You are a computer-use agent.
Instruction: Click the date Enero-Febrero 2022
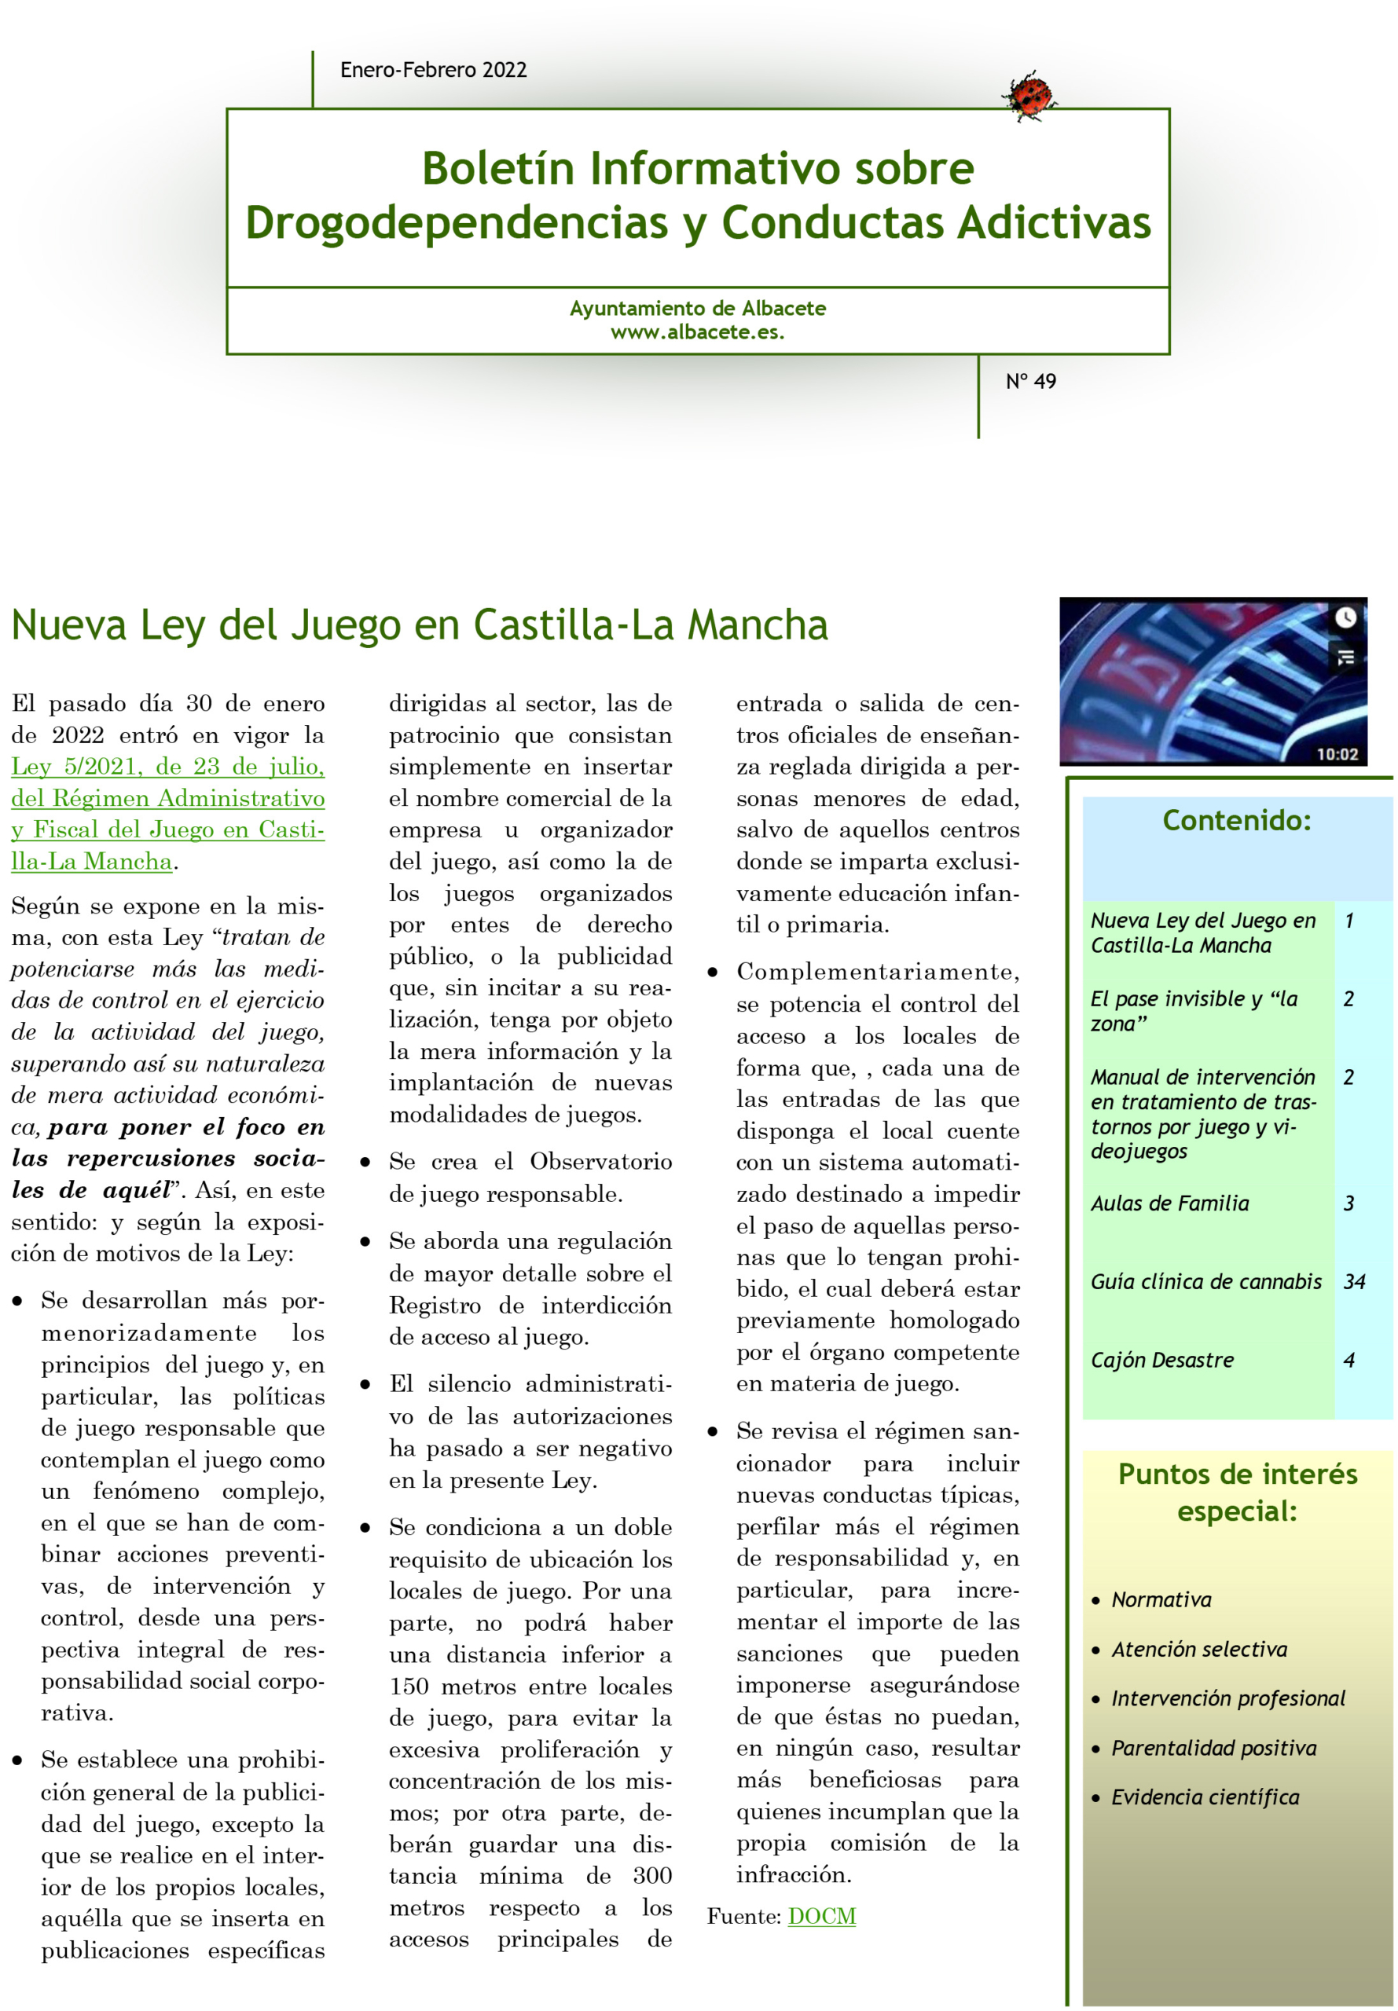434,70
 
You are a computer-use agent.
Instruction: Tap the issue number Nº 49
1030,381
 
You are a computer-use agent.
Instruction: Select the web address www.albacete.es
697,333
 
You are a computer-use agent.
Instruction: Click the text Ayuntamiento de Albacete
697,308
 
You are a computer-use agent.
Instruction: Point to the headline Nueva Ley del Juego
419,625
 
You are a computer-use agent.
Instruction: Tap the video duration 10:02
1336,754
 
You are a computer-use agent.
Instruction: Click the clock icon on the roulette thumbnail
1345,617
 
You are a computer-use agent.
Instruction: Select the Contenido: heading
1236,820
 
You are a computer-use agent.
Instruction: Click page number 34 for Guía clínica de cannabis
1354,1282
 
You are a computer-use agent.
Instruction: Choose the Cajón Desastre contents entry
1161,1360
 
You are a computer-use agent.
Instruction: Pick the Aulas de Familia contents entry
1169,1203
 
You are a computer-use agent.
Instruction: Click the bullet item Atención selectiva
1198,1650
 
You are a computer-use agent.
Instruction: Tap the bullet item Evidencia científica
1205,1797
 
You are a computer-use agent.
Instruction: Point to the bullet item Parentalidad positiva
1213,1748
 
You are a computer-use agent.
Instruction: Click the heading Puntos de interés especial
1237,1493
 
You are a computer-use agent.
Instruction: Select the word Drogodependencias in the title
456,222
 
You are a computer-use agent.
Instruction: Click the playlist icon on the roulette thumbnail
1345,656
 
